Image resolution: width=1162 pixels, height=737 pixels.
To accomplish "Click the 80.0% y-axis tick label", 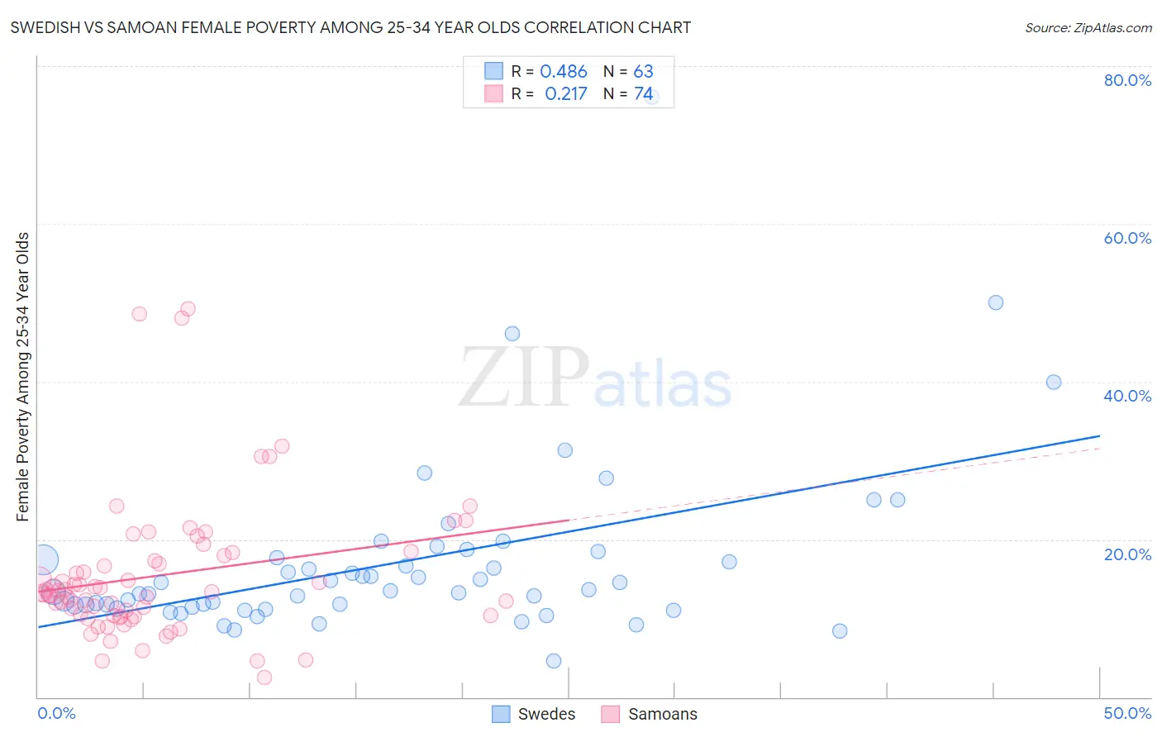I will (x=1127, y=80).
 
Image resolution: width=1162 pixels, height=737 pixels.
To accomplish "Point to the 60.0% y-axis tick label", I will (x=1127, y=238).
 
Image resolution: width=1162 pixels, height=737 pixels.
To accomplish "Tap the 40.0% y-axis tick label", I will (x=1127, y=396).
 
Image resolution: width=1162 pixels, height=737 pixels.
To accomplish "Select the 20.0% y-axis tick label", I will (x=1127, y=554).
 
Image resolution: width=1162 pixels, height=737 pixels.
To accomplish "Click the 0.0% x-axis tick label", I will (x=56, y=713).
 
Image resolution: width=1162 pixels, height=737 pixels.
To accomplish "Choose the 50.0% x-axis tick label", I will (x=1127, y=713).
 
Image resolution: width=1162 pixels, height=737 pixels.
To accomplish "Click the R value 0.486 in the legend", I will (x=564, y=72).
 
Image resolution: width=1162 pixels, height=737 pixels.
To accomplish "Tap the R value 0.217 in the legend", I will (x=565, y=94).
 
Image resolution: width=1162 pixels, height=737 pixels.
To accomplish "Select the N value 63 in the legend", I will (x=643, y=72).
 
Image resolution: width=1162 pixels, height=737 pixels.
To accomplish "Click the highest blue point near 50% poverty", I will (x=996, y=302).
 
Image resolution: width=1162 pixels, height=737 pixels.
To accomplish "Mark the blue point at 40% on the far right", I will (x=1054, y=382).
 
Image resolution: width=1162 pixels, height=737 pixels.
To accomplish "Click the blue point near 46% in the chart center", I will (x=512, y=334).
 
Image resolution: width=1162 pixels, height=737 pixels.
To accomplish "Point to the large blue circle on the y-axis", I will (x=44, y=559).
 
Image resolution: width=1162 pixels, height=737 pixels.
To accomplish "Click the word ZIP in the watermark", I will (x=524, y=378).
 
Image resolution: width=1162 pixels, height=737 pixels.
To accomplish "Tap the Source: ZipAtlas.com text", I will (x=1088, y=28).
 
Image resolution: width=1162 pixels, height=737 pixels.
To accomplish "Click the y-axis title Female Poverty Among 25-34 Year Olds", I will (x=23, y=377).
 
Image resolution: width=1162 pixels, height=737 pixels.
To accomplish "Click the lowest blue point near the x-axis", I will (x=554, y=661).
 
